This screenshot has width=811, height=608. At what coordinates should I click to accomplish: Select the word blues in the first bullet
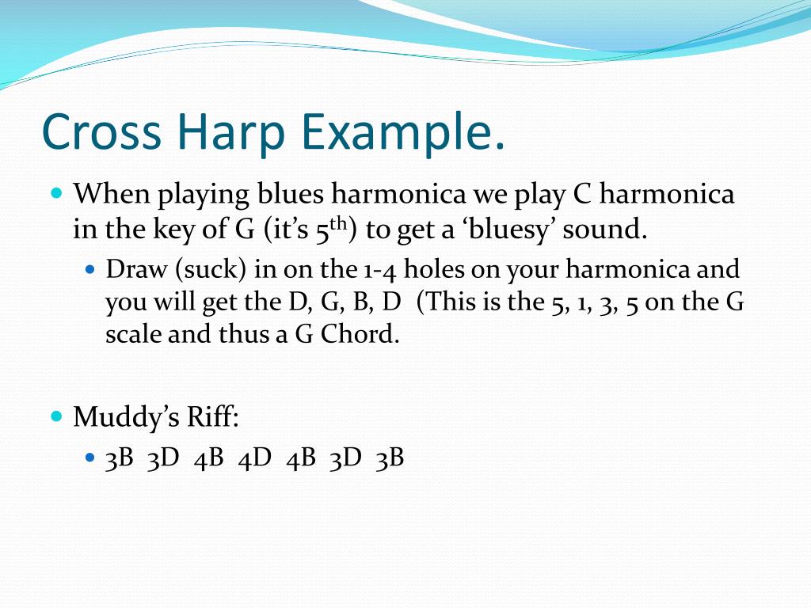click(290, 194)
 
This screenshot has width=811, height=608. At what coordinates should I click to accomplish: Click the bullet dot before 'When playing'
click(56, 193)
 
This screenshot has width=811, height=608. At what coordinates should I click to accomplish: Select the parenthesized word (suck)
click(211, 270)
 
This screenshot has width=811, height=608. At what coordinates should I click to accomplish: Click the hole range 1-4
click(379, 270)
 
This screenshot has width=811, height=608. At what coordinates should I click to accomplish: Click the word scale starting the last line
click(131, 333)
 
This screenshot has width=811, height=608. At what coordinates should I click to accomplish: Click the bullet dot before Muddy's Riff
click(56, 416)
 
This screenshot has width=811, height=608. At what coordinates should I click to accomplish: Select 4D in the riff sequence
click(254, 458)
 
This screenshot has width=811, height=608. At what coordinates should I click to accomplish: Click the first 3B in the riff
click(119, 458)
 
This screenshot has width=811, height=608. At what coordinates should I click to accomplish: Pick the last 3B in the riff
click(390, 458)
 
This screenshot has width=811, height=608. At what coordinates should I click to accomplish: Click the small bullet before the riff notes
click(90, 458)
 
